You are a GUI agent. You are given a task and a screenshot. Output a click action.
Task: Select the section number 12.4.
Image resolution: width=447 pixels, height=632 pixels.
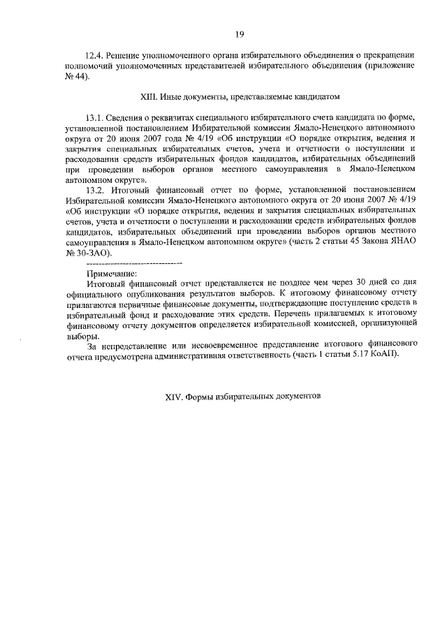coord(94,54)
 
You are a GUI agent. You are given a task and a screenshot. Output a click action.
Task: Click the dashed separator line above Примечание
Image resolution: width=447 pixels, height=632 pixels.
coord(133,263)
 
